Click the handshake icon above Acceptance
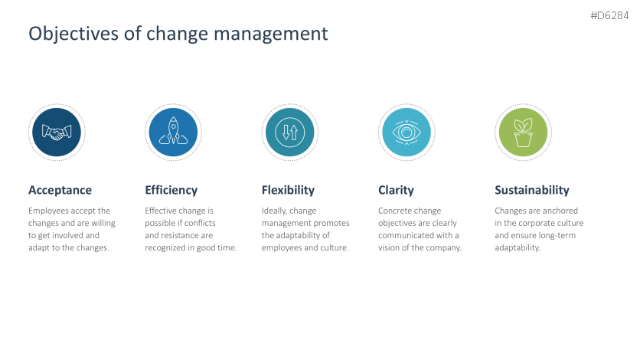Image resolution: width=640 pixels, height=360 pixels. click(57, 133)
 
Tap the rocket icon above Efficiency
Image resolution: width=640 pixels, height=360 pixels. click(174, 131)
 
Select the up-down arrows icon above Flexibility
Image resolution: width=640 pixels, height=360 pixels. click(290, 133)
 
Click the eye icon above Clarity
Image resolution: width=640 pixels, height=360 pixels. click(407, 133)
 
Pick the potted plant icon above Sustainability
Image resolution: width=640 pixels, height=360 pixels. click(524, 133)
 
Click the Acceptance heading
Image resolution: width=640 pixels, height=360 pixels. click(60, 190)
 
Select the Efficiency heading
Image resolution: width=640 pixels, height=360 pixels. click(171, 190)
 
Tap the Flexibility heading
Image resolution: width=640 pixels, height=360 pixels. click(288, 190)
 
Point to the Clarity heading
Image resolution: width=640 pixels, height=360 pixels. click(396, 190)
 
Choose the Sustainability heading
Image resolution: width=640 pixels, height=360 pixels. click(532, 190)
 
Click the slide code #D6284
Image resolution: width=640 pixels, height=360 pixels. click(609, 15)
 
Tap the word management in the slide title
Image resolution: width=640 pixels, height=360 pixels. click(270, 34)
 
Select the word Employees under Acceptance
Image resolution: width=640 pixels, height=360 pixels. click(48, 211)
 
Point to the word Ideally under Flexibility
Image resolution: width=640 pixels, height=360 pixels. click(274, 211)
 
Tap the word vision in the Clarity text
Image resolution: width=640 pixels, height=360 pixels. click(388, 247)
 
